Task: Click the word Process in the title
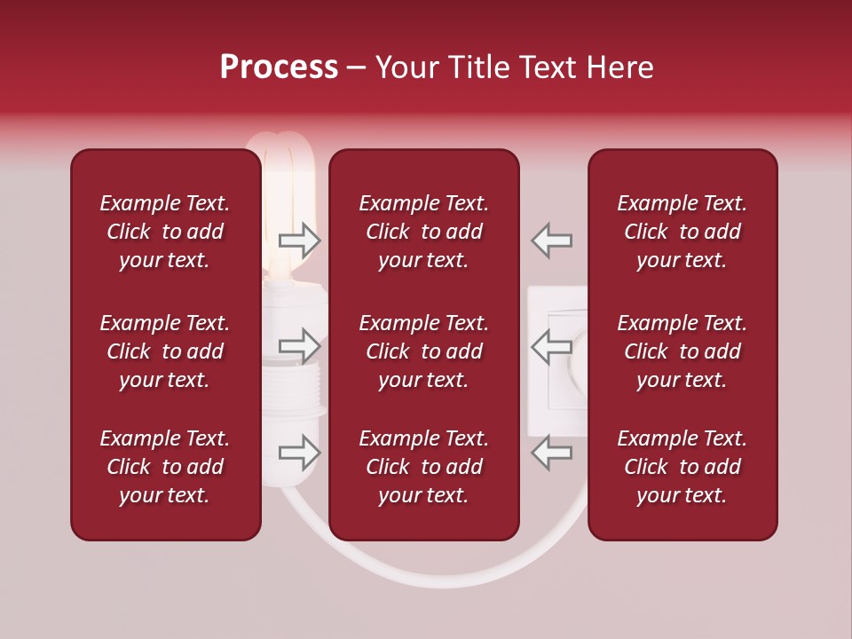click(x=279, y=67)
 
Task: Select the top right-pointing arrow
click(x=299, y=240)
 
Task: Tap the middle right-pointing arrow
click(x=299, y=344)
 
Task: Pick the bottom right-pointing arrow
click(x=299, y=453)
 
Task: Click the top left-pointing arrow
click(x=552, y=240)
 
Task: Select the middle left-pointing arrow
click(x=552, y=344)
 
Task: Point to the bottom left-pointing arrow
click(x=552, y=453)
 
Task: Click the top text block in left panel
click(x=165, y=232)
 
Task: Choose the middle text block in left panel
click(x=165, y=351)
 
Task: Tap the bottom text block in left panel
click(x=165, y=467)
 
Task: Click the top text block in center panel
click(x=423, y=232)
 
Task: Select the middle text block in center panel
click(x=423, y=351)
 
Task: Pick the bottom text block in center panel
click(x=423, y=467)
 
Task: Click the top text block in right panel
click(x=682, y=232)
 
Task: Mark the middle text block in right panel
click(x=682, y=351)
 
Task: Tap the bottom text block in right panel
click(x=682, y=467)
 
